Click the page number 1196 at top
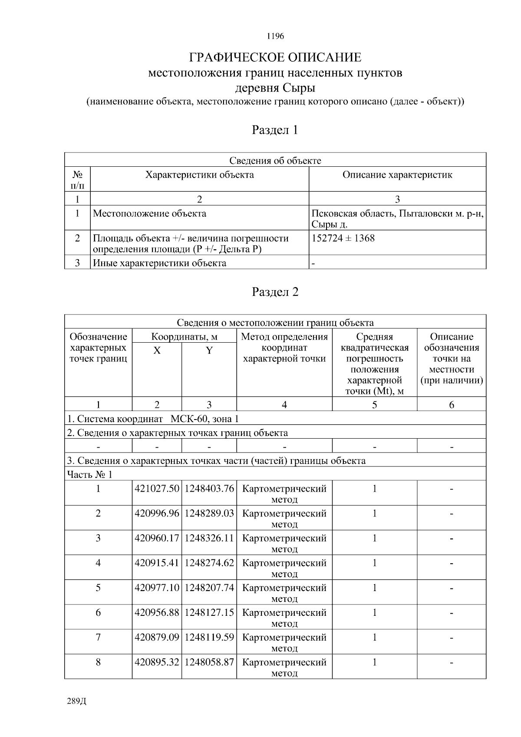pyautogui.click(x=275, y=36)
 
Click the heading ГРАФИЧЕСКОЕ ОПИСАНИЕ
pyautogui.click(x=275, y=57)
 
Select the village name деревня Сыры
pyautogui.click(x=275, y=88)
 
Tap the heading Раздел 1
pyautogui.click(x=275, y=130)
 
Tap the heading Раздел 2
pyautogui.click(x=275, y=292)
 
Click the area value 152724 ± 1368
pyautogui.click(x=343, y=238)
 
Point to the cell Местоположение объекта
pyautogui.click(x=150, y=214)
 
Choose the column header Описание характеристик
pyautogui.click(x=397, y=175)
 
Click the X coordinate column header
pyautogui.click(x=157, y=350)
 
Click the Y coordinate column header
pyautogui.click(x=209, y=350)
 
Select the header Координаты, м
pyautogui.click(x=184, y=337)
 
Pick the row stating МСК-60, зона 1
pyautogui.click(x=153, y=419)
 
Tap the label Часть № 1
pyautogui.click(x=89, y=474)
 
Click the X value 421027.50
pyautogui.click(x=157, y=489)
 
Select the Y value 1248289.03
pyautogui.click(x=209, y=513)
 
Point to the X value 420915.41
pyautogui.click(x=157, y=563)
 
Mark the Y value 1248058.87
pyautogui.click(x=209, y=662)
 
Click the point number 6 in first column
pyautogui.click(x=98, y=613)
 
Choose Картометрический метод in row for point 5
pyautogui.click(x=284, y=593)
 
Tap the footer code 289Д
pyautogui.click(x=77, y=701)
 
